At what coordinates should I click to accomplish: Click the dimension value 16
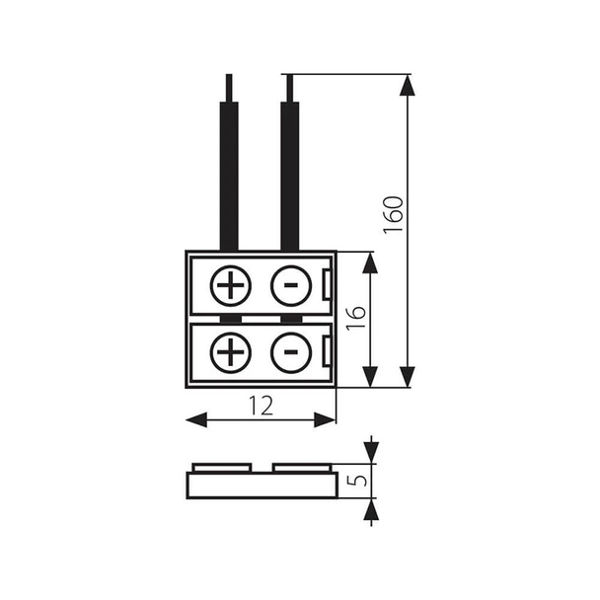(x=356, y=318)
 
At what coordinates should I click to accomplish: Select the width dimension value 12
(x=262, y=405)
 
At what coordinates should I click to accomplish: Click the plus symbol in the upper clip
(x=231, y=286)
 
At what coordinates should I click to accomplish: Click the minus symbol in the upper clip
(x=288, y=286)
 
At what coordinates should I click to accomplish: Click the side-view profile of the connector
(x=262, y=485)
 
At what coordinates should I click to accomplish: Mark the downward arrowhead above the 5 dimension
(x=370, y=452)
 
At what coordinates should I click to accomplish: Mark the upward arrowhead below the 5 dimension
(x=370, y=509)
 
